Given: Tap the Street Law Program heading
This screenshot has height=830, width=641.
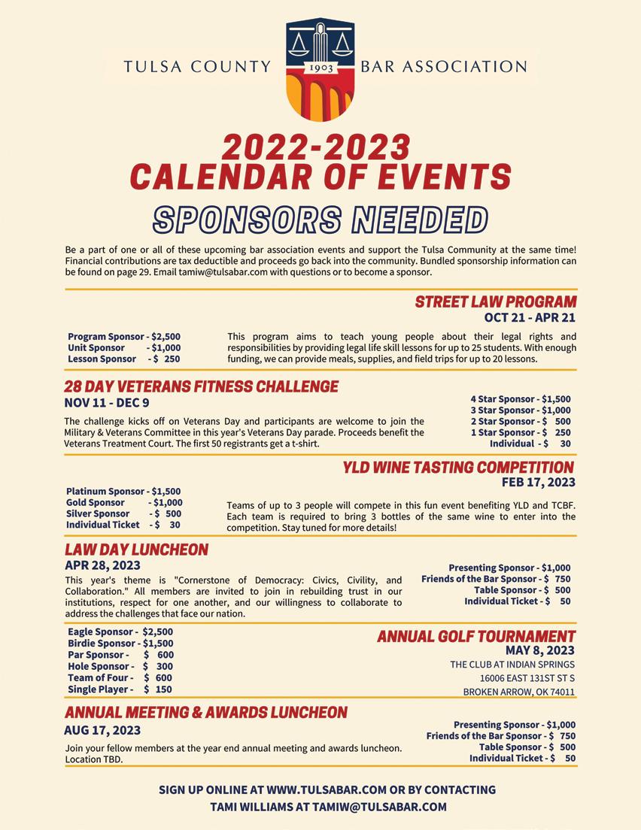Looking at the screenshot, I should (x=496, y=302).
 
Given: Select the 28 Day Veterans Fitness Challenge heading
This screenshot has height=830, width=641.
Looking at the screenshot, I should (x=201, y=387).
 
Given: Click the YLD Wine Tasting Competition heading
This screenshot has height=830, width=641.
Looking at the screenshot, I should (x=458, y=468).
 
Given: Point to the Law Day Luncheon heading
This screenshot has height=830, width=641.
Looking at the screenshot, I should (x=136, y=550).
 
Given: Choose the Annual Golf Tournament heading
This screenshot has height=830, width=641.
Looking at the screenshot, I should (x=475, y=637).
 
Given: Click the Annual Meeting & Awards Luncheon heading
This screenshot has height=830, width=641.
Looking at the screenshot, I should (x=206, y=712).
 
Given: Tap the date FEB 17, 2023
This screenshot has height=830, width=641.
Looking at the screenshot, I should (x=538, y=482).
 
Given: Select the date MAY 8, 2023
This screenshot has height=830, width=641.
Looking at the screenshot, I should (x=539, y=650).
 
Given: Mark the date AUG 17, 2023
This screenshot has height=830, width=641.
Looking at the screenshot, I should (x=102, y=730).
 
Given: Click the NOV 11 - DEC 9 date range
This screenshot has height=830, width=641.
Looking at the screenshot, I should (x=107, y=403).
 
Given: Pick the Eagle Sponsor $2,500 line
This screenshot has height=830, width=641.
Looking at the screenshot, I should (x=120, y=632).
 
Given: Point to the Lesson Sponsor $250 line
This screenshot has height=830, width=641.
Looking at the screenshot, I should (x=124, y=359).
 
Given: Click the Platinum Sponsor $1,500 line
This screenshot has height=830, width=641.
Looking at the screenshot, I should (x=123, y=492).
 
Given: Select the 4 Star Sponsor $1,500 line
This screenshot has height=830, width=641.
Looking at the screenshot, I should (x=521, y=399).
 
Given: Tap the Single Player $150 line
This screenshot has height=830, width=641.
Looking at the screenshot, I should (x=120, y=689).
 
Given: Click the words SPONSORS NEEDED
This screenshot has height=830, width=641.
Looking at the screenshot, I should (x=320, y=220).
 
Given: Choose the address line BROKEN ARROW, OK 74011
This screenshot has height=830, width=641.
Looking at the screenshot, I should (x=518, y=692).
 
